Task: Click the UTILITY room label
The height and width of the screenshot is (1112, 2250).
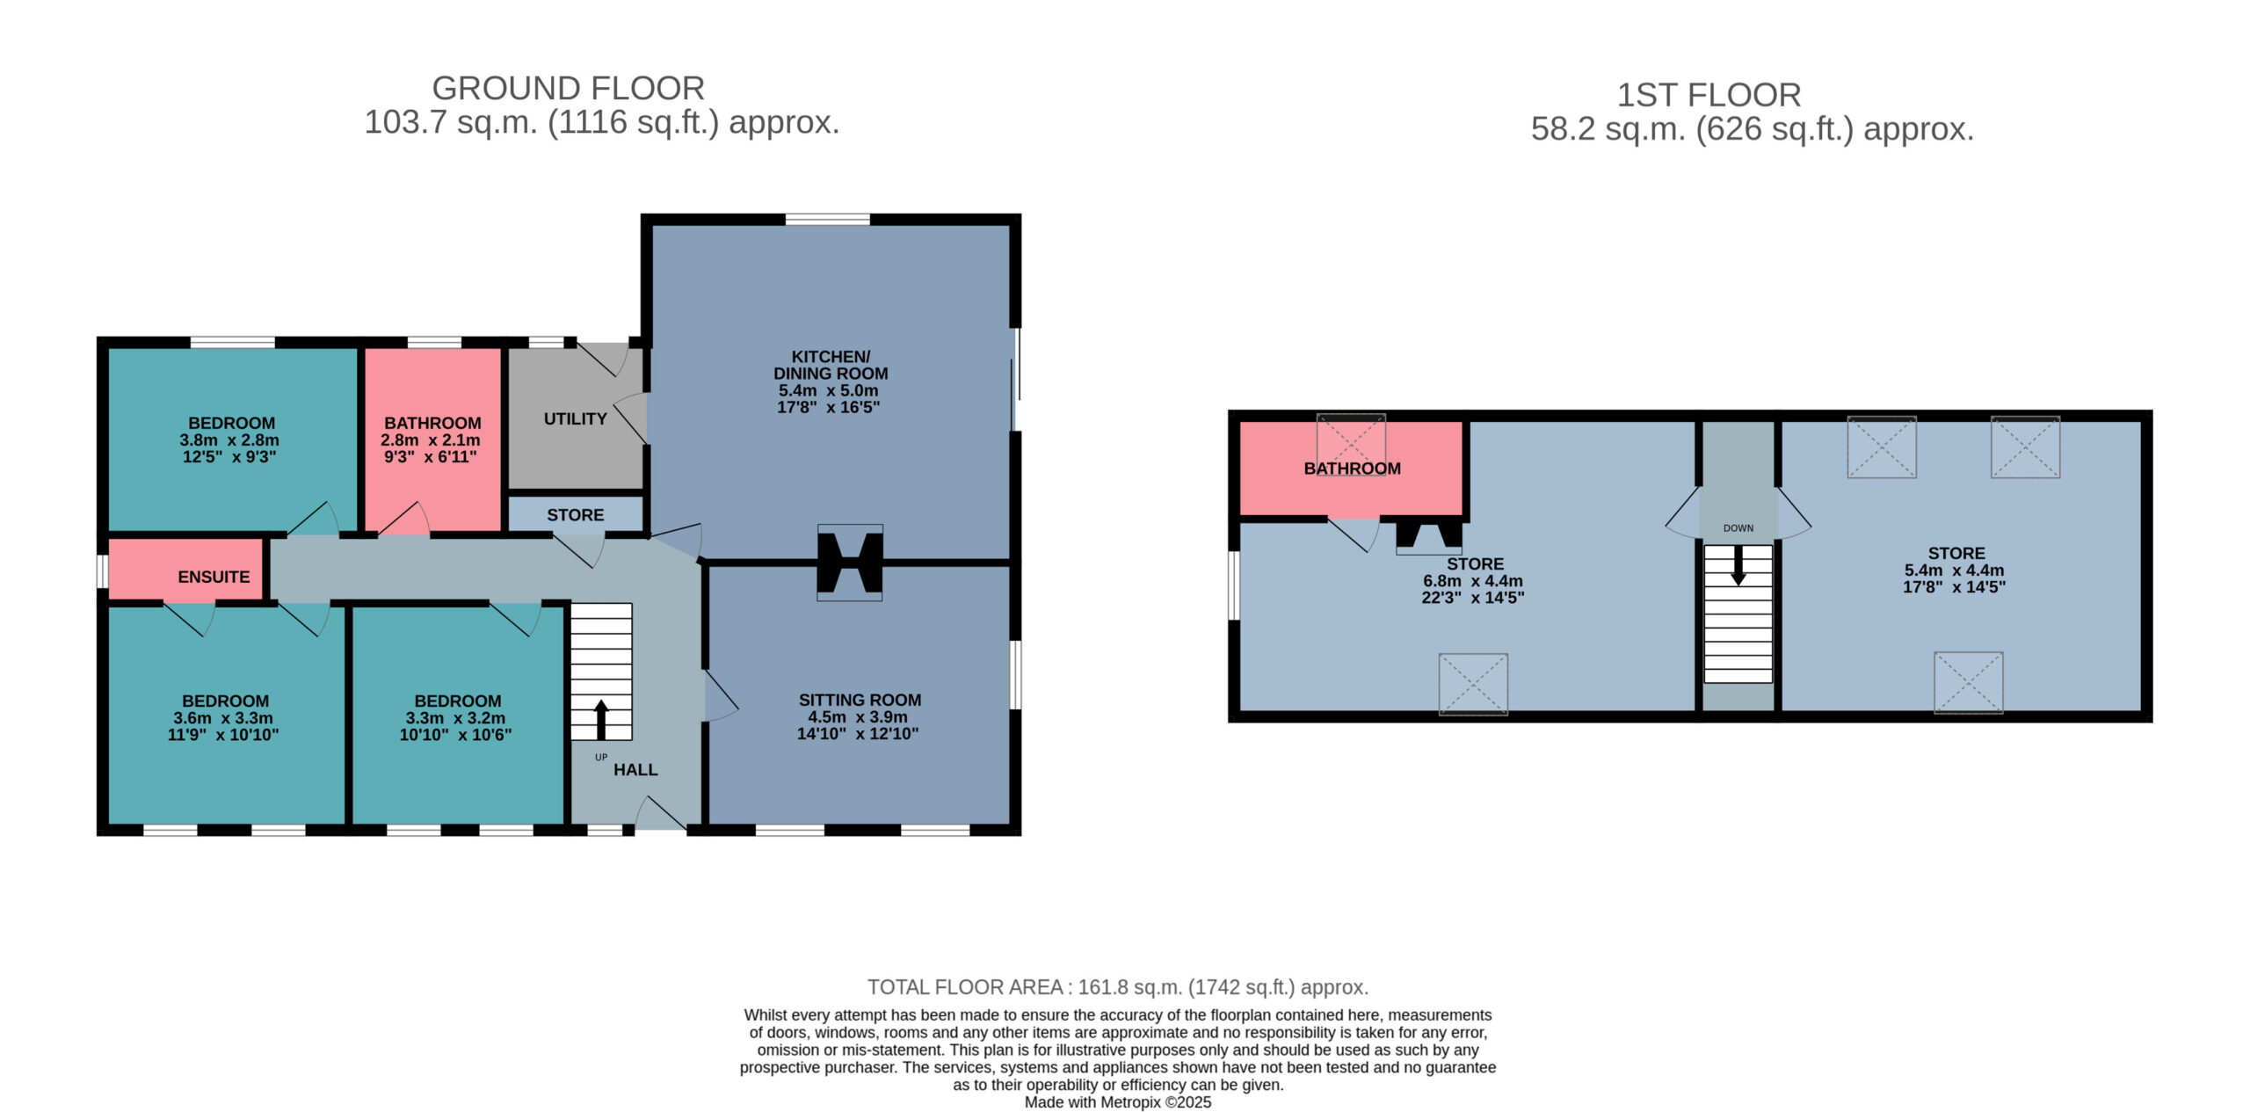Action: (x=575, y=419)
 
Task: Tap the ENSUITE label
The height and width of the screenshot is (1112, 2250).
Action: (x=214, y=578)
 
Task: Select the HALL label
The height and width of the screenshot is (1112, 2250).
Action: (x=635, y=770)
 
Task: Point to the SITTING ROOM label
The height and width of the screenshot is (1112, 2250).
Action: (x=860, y=701)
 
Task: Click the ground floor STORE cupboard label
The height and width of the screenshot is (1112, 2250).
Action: (x=576, y=515)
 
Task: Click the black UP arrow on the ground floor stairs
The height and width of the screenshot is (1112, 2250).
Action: (x=601, y=719)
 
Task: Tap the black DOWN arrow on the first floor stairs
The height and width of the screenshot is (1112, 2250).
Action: (x=1738, y=565)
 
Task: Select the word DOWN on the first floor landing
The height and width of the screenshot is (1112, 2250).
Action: (x=1738, y=528)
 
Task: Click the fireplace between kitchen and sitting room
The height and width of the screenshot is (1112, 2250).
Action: (x=850, y=563)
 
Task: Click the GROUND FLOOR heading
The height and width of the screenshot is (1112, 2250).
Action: (x=568, y=89)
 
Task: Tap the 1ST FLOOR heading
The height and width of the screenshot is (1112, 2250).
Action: (x=1709, y=95)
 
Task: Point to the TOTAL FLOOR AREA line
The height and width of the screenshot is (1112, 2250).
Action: (x=1118, y=987)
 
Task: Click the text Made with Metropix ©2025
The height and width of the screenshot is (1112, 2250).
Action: (x=1118, y=1102)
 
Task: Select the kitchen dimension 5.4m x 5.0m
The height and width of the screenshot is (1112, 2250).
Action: (x=828, y=390)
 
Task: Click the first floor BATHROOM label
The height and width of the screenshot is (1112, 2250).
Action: (x=1352, y=469)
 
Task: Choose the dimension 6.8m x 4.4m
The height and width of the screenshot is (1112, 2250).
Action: (x=1473, y=581)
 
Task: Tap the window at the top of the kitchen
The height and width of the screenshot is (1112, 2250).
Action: (x=827, y=219)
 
